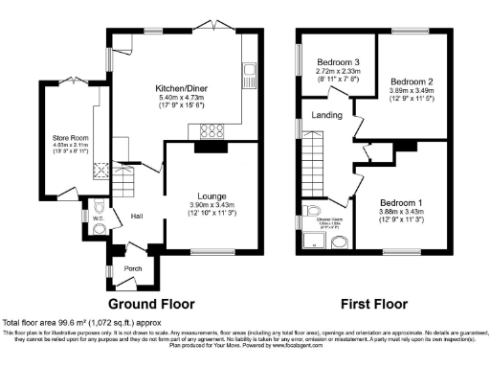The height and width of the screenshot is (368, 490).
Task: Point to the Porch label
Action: tap(133, 268)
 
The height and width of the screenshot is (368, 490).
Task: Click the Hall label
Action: tap(136, 215)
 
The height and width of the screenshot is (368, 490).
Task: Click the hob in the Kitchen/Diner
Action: tap(212, 132)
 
